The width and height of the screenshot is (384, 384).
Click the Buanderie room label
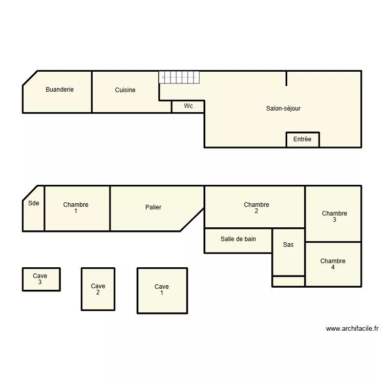59,90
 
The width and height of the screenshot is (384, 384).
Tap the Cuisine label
125,90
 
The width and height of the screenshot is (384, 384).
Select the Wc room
188,106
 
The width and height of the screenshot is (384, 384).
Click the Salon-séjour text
283,109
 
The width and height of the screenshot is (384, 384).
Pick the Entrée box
302,139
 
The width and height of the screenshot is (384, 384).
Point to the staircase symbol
179,77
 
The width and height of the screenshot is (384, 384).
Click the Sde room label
34,203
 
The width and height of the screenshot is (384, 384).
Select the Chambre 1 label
76,207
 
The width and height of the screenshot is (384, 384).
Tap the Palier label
153,207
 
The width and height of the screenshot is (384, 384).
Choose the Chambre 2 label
257,207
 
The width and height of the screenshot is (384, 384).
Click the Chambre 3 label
334,216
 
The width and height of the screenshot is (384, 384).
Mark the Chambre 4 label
333,264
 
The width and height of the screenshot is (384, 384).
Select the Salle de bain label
238,239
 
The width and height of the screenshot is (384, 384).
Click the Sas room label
288,245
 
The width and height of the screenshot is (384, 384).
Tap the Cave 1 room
162,290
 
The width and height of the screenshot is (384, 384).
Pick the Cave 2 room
98,289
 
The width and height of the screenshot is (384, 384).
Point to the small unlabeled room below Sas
288,281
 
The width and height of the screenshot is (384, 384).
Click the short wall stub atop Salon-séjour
286,78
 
